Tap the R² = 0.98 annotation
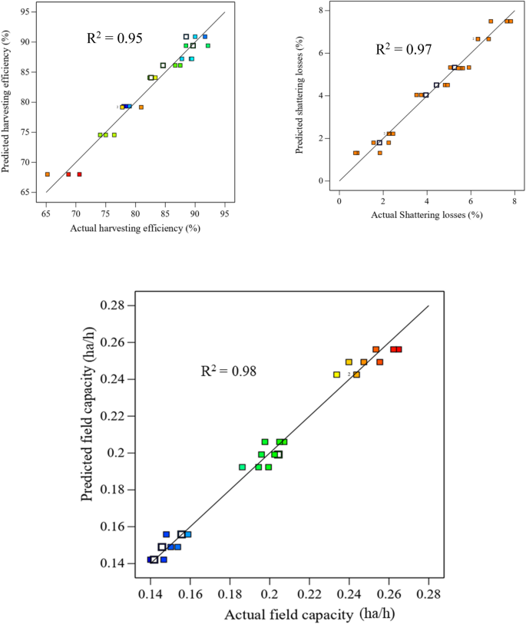(228, 371)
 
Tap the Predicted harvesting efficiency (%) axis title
(8, 102)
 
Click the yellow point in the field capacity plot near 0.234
(336, 375)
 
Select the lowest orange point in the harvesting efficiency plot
(48, 174)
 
